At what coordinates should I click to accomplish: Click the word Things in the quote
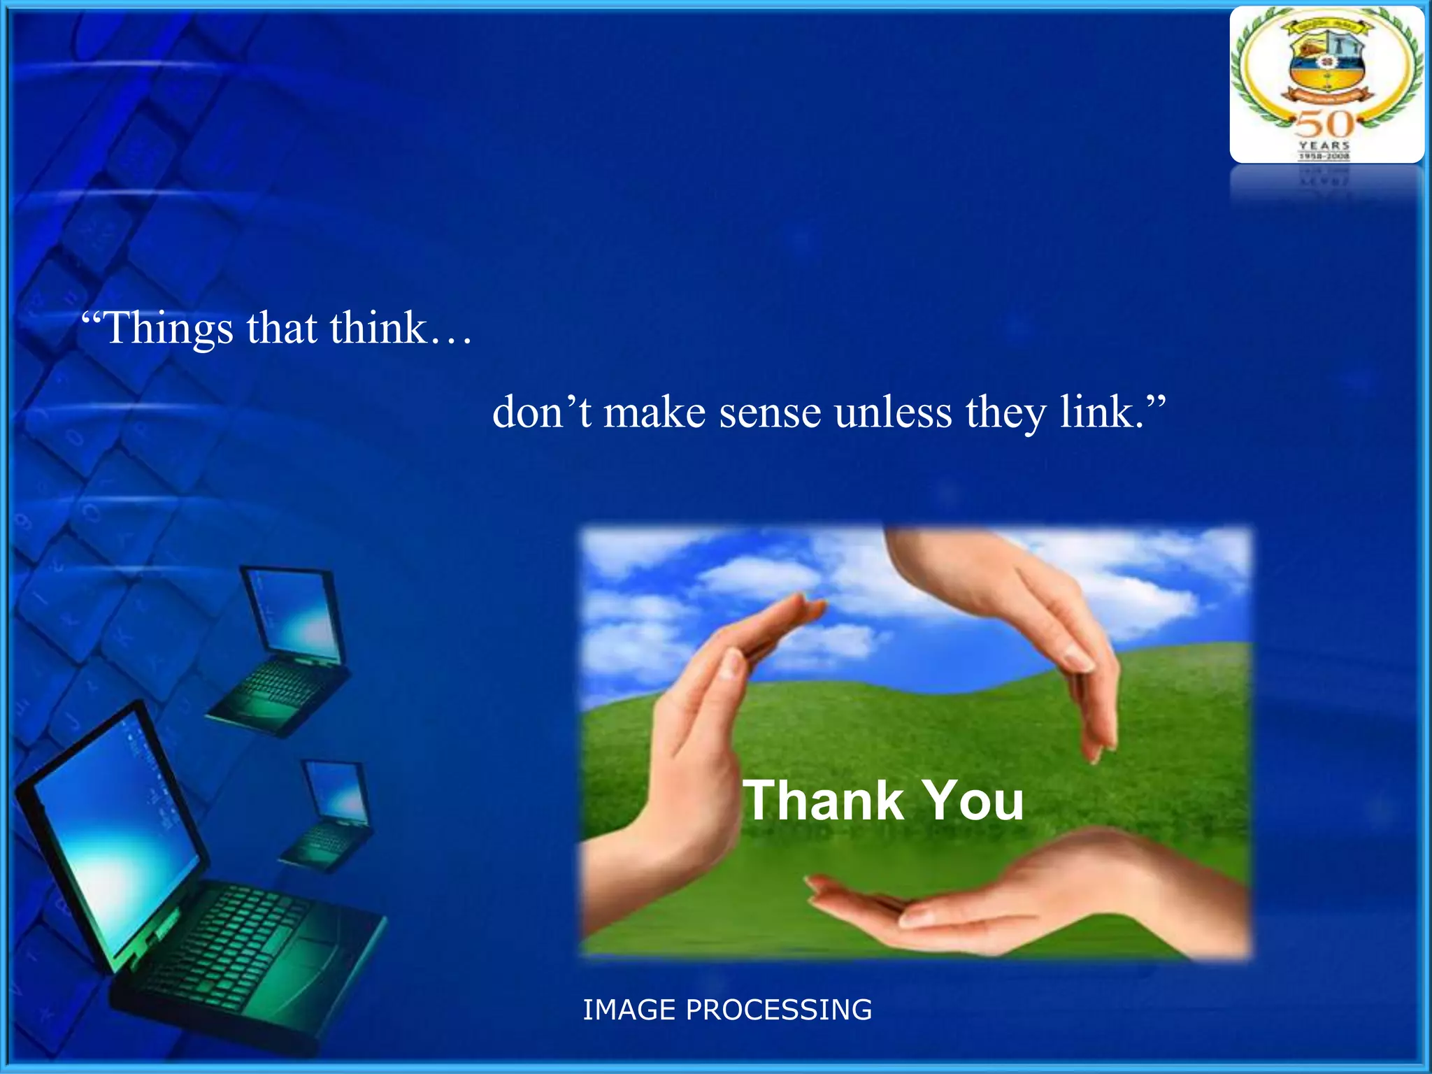(x=168, y=329)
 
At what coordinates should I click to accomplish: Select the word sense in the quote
(x=770, y=413)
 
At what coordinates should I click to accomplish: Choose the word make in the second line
(x=654, y=413)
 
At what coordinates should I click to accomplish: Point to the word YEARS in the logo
(x=1324, y=145)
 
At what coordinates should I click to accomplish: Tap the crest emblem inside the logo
(x=1326, y=66)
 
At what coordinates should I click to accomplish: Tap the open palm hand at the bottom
(x=1014, y=902)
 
